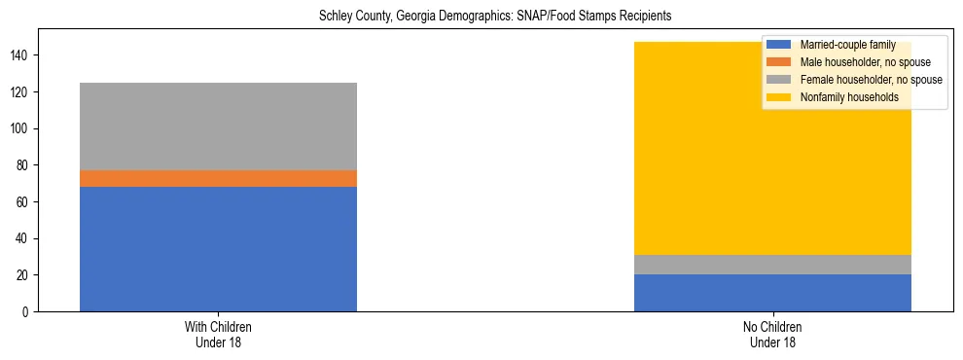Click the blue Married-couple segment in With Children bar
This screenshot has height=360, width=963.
tap(218, 249)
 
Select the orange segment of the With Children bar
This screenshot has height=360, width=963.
tap(218, 178)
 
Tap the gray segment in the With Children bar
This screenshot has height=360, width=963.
tap(218, 126)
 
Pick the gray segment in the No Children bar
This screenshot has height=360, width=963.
tap(772, 265)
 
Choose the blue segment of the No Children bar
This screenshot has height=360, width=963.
tap(772, 293)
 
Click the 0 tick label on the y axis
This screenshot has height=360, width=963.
tap(27, 312)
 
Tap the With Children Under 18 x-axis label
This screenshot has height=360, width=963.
tap(218, 335)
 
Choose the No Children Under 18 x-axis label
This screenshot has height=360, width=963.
tap(772, 335)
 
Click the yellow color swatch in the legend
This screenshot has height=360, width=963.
tap(779, 97)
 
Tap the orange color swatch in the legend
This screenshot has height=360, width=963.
tap(779, 62)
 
